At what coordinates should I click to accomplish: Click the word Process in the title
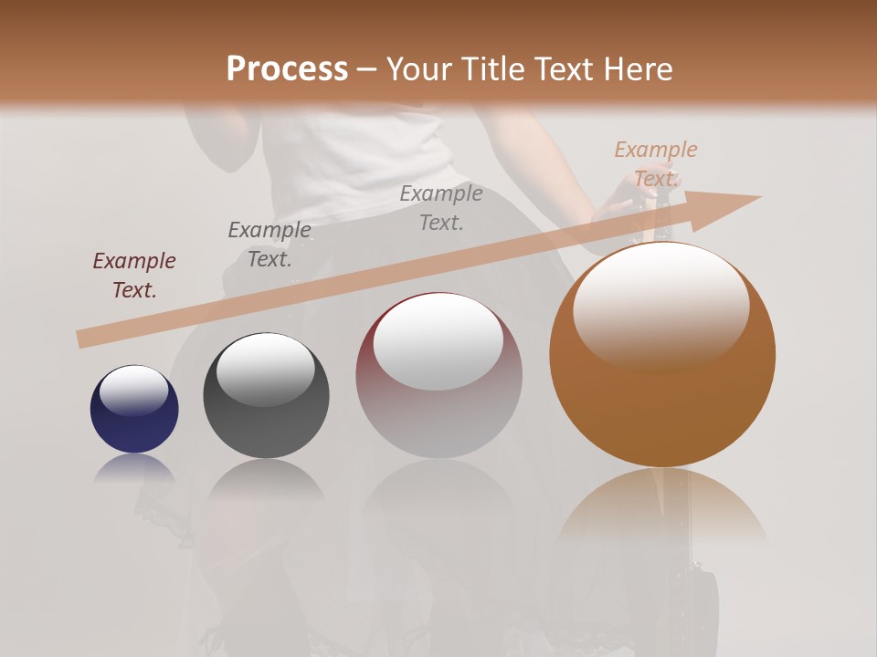click(x=287, y=69)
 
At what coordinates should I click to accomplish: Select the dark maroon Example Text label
click(x=134, y=276)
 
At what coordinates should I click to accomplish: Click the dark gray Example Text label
click(x=269, y=245)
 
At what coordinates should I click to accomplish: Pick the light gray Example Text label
click(x=441, y=207)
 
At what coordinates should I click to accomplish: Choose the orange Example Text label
click(x=656, y=164)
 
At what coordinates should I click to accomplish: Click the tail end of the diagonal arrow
click(x=79, y=340)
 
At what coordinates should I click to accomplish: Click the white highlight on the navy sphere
click(x=134, y=391)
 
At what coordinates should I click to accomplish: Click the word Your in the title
click(x=417, y=69)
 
